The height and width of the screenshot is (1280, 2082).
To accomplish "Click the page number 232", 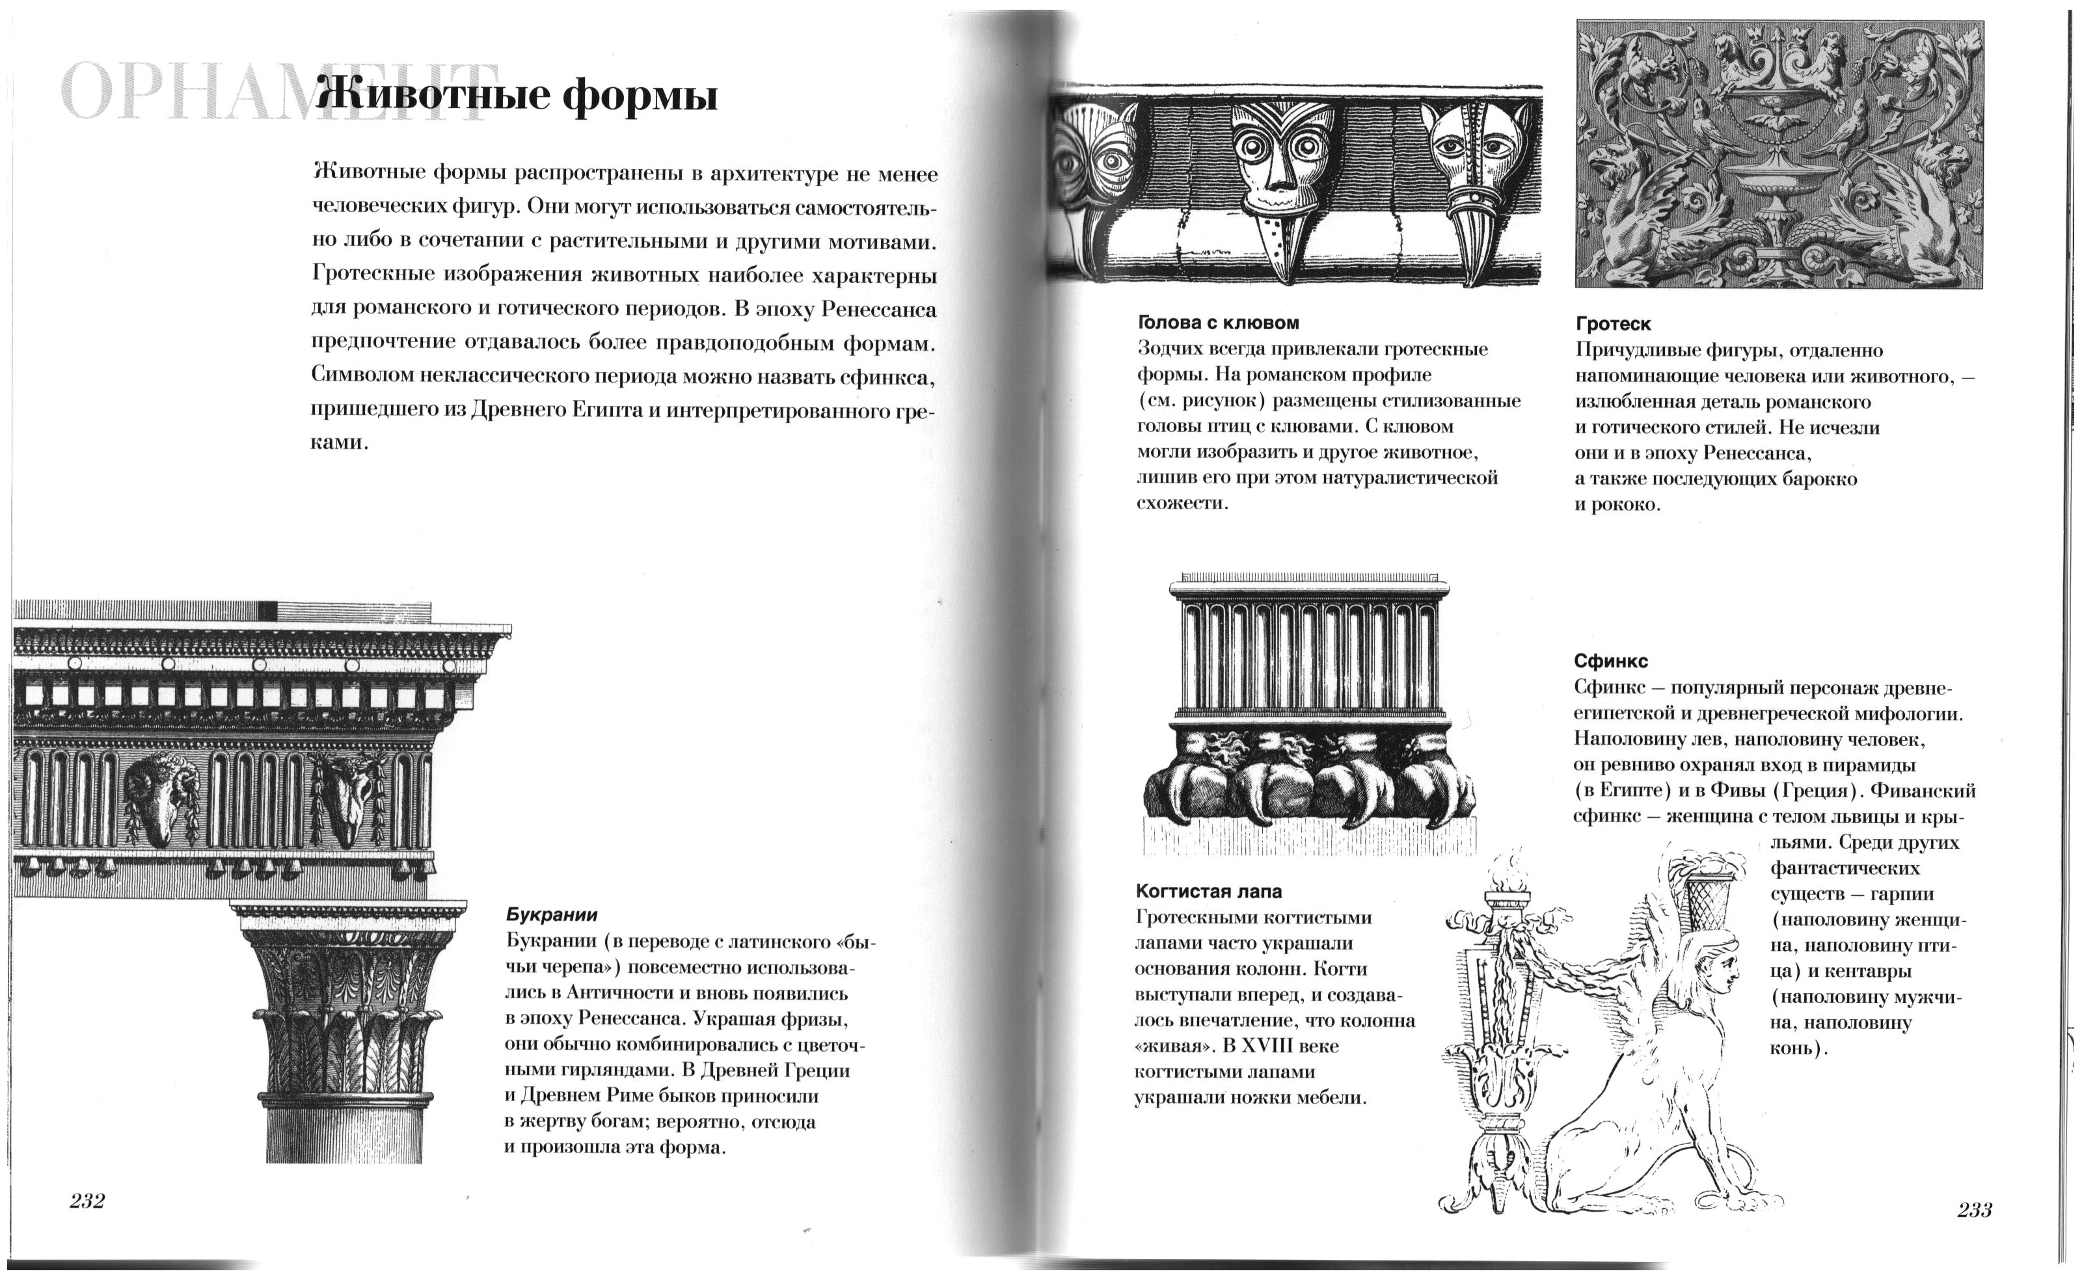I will click(x=87, y=1201).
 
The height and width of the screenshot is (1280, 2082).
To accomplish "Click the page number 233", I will click(x=1975, y=1210).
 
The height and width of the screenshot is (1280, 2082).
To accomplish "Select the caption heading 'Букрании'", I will click(x=552, y=914).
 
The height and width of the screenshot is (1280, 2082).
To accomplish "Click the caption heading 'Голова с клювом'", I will click(x=1217, y=323).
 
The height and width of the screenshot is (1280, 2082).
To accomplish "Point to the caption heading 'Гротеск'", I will click(x=1613, y=323).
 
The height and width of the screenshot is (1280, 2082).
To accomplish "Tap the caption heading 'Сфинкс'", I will click(x=1610, y=660).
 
